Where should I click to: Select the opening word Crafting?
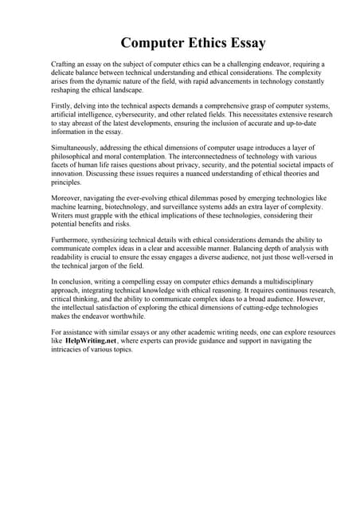pos(65,63)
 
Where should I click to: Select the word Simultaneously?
pos(76,148)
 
